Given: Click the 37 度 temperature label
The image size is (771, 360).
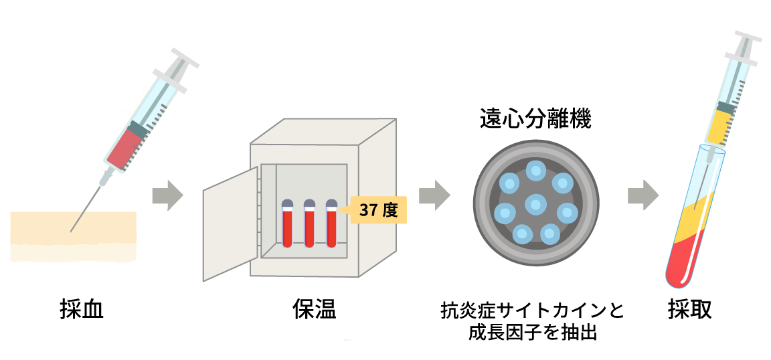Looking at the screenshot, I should [378, 210].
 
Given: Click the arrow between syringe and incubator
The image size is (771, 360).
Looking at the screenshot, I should [167, 195].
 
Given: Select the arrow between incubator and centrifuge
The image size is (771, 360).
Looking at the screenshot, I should [434, 195].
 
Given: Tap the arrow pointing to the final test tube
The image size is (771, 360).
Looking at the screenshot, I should [642, 195].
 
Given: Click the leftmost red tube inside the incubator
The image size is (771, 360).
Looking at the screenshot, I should [287, 228].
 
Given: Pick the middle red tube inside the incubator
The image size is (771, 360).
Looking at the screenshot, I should [309, 228].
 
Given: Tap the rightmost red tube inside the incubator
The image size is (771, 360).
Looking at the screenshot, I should [331, 228].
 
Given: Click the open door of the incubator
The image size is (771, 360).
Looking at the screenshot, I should [230, 224].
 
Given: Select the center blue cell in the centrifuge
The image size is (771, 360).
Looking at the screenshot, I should [535, 203].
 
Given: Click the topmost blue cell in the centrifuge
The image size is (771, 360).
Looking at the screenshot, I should [535, 171].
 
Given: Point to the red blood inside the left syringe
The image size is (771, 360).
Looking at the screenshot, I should [126, 149].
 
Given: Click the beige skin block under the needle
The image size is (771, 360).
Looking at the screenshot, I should [74, 234].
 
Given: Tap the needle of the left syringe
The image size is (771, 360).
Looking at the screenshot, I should [87, 207].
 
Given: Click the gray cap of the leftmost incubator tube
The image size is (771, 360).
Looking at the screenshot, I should [287, 203].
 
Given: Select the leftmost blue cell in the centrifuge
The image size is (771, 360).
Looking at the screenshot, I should [505, 213].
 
